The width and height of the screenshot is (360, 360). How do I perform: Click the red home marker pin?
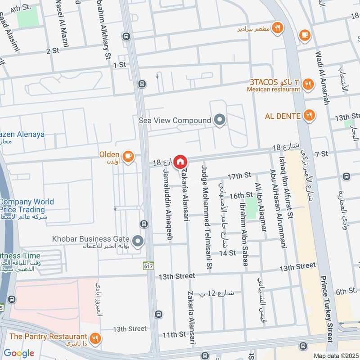pos(180,161)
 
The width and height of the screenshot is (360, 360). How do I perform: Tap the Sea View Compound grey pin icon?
pos(220,121)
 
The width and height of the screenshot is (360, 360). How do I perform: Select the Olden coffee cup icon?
pos(128,156)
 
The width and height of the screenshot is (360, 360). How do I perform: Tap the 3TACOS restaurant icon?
pos(308,83)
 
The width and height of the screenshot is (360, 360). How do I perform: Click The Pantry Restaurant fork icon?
pos(95,338)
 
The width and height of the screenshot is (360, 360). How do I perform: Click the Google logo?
pos(19,353)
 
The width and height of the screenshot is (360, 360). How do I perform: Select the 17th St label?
pos(238,176)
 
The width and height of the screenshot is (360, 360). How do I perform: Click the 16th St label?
pos(241,195)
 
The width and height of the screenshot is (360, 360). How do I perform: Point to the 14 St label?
pos(227,253)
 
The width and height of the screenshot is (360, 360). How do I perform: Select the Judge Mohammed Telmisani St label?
pos(207,218)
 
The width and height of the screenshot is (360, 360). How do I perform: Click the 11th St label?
pos(174,334)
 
